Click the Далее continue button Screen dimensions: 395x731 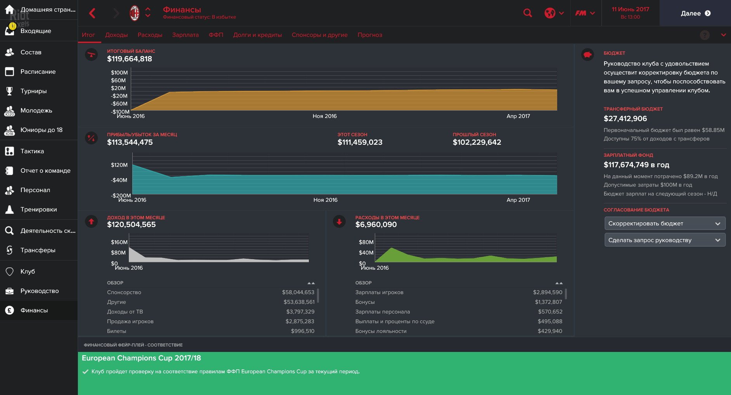click(695, 13)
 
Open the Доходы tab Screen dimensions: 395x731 click(116, 35)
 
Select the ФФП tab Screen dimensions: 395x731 click(216, 35)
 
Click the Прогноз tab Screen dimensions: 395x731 click(370, 35)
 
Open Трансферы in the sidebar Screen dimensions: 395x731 click(38, 250)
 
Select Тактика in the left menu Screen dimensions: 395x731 click(32, 151)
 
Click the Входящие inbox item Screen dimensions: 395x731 click(35, 31)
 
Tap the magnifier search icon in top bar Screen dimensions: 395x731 click(527, 13)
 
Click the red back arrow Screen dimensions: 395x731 click(92, 13)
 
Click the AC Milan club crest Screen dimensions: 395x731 click(134, 13)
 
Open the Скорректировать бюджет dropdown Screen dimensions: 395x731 click(665, 223)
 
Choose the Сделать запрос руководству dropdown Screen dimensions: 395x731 click(665, 240)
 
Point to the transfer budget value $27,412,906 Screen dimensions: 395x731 click(625, 119)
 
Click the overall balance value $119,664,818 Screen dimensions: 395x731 click(130, 59)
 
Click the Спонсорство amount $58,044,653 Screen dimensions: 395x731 click(298, 293)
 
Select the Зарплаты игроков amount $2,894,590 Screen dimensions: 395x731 click(547, 293)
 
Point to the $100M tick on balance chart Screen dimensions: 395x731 click(119, 73)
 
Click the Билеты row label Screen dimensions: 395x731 click(116, 331)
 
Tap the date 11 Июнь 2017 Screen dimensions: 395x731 click(630, 9)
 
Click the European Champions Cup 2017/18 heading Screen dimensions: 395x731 click(141, 358)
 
